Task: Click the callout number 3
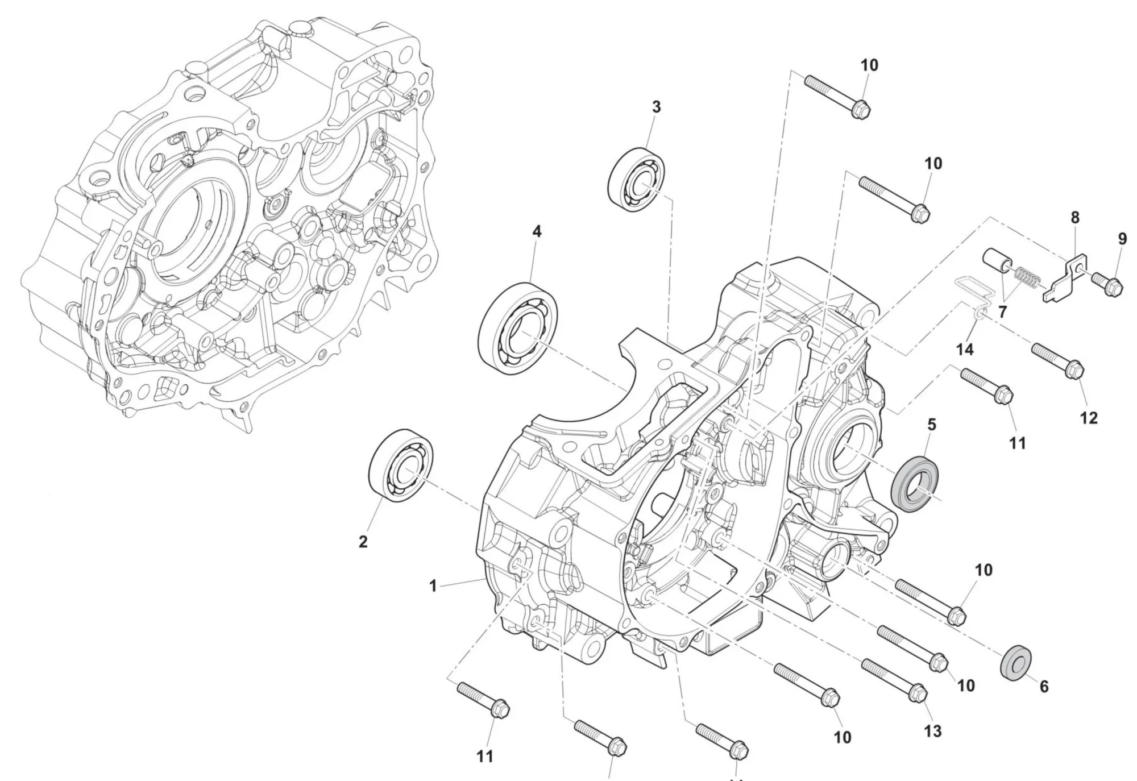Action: pyautogui.click(x=656, y=107)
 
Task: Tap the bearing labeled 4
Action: pyautogui.click(x=518, y=328)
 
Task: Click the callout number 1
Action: pyautogui.click(x=433, y=585)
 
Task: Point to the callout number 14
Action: pyautogui.click(x=965, y=349)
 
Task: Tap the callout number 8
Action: pyautogui.click(x=1074, y=217)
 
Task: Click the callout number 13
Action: pyautogui.click(x=932, y=730)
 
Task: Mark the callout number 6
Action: pyautogui.click(x=1044, y=687)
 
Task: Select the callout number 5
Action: pyautogui.click(x=931, y=425)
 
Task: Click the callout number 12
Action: pyautogui.click(x=1088, y=418)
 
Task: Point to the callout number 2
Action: pyautogui.click(x=363, y=542)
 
